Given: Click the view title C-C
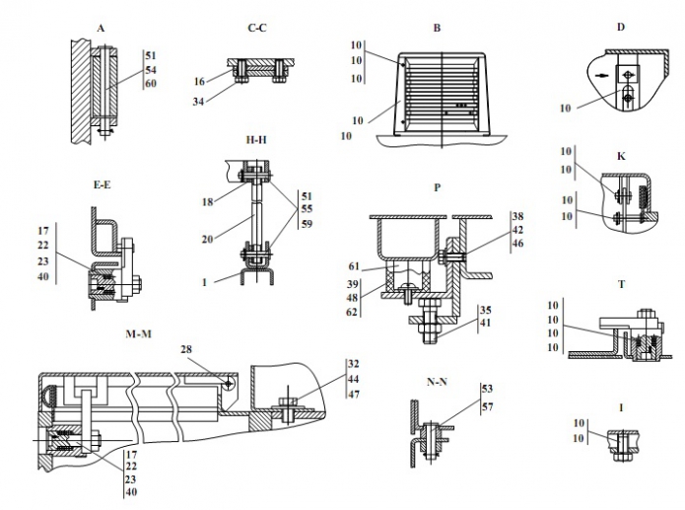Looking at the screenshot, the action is [257, 28].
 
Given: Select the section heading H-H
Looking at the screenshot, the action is [256, 140].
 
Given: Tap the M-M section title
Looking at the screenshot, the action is [139, 334].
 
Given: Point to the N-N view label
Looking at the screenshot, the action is [437, 382].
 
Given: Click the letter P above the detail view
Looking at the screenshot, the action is [438, 187].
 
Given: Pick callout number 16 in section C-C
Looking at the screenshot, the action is [199, 81].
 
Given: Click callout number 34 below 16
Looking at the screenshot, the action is [198, 102].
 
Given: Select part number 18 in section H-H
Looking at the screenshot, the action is [208, 201].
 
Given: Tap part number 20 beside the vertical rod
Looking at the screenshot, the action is [208, 240].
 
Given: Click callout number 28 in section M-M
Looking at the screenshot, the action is [186, 349].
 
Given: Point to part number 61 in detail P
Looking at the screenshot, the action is [354, 266].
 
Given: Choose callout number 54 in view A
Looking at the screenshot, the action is [151, 70].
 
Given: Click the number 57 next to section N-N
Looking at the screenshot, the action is [487, 406].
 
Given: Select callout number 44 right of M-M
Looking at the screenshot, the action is [354, 379].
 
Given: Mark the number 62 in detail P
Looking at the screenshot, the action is [352, 313].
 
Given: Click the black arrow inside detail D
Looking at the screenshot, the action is [601, 75].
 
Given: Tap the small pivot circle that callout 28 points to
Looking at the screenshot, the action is [229, 384].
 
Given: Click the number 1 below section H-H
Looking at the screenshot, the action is [204, 282].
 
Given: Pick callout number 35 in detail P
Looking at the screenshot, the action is [485, 310].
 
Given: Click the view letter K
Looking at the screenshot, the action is [621, 157].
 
